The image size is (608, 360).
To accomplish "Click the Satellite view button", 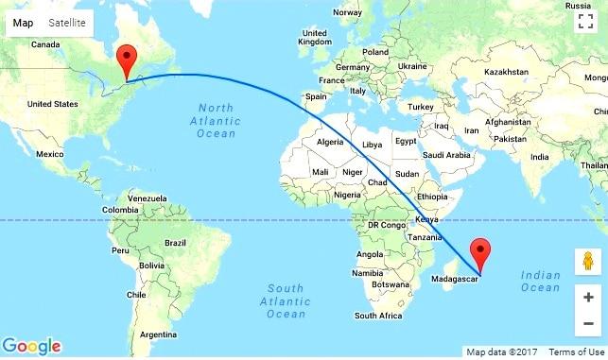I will [66, 22].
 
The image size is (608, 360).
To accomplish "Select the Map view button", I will [23, 22].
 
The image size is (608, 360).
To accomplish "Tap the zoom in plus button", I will [587, 298].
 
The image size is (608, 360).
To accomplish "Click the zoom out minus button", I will [587, 324].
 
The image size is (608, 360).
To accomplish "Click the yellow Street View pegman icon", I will [587, 262].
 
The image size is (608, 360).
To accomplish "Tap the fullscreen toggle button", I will [586, 23].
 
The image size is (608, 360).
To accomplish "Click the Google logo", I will [31, 346].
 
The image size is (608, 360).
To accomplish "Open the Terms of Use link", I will [576, 352].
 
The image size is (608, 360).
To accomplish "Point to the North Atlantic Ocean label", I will [216, 122].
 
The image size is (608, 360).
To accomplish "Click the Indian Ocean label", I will [541, 281].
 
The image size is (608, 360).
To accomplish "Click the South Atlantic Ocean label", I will [285, 300].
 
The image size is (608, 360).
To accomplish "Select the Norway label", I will [348, 12].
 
